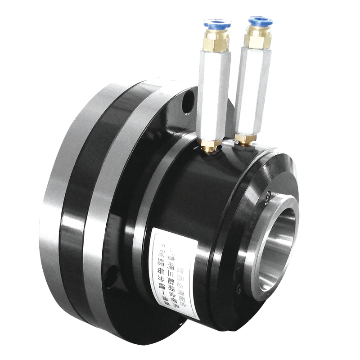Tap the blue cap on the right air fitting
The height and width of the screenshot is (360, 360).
tap(261, 21)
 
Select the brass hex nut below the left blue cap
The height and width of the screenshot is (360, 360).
tap(216, 40)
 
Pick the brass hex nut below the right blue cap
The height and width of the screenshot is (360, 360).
tap(258, 40)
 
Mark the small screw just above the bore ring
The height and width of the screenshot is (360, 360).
tap(268, 197)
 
